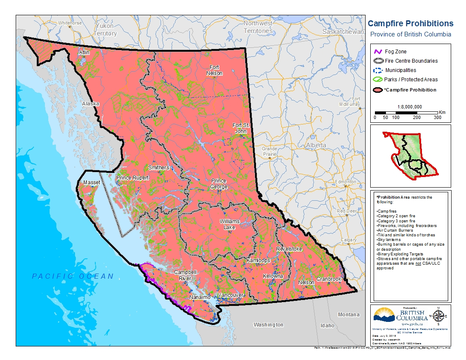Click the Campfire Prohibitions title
[x=410, y=24]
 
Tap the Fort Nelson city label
[x=214, y=70]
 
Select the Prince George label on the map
[x=219, y=184]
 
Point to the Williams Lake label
[x=230, y=224]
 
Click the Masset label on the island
[x=92, y=182]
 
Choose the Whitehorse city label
[x=70, y=23]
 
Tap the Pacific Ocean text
[x=73, y=276]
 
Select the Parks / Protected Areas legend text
[x=411, y=80]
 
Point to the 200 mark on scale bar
[x=416, y=117]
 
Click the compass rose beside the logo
[x=438, y=316]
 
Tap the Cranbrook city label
[x=329, y=280]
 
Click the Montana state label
[x=349, y=315]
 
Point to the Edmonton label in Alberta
[x=346, y=182]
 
